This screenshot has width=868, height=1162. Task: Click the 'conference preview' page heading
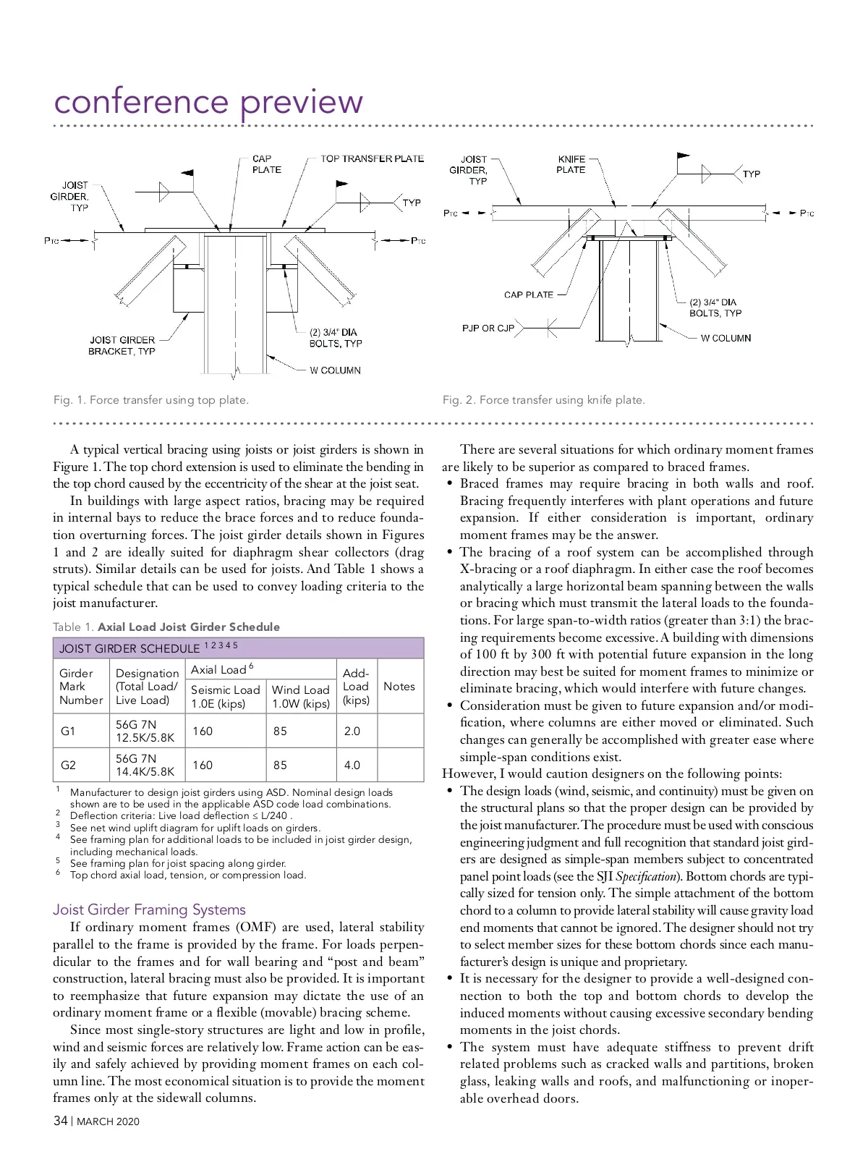click(x=208, y=102)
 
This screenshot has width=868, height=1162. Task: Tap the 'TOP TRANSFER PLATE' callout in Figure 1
click(x=372, y=158)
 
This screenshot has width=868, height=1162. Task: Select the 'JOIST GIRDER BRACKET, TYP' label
click(x=122, y=345)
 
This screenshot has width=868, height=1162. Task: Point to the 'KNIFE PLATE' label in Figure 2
click(x=571, y=164)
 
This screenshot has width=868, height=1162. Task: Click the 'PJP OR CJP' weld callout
click(x=488, y=328)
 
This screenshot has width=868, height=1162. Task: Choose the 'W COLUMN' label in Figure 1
click(x=335, y=370)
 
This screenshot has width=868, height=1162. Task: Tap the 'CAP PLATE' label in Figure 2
click(x=528, y=294)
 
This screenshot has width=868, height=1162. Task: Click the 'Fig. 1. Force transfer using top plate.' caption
click(x=151, y=400)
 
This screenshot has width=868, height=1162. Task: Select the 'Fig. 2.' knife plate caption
click(x=543, y=400)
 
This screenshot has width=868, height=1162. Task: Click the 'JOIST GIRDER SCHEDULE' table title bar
click(x=238, y=648)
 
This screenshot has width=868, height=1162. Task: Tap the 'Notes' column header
click(x=399, y=686)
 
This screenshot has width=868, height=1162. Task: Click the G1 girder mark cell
click(x=68, y=731)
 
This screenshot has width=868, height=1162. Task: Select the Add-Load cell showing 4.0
click(x=352, y=765)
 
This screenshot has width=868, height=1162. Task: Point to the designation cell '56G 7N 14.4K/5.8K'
click(x=145, y=765)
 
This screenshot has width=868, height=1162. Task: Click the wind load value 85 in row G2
click(x=280, y=765)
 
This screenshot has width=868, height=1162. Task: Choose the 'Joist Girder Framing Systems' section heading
click(x=149, y=909)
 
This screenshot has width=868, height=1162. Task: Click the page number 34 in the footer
click(x=61, y=1121)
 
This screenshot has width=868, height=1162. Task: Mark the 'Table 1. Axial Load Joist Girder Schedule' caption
click(x=166, y=627)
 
